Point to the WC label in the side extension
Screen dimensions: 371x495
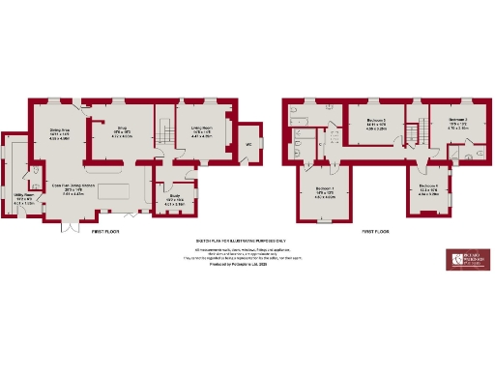[248, 145]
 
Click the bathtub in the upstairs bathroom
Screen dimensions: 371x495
[295, 121]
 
